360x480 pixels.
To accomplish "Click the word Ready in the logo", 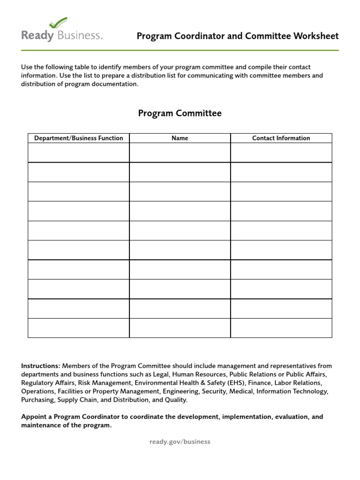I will coord(37,36).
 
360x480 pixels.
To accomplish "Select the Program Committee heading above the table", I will coord(180,113).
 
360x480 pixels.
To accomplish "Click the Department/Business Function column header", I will coord(79,138).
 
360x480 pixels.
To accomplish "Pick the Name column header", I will coord(180,138).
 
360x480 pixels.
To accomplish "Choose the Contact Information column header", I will coord(281,138).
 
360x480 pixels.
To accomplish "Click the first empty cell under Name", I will coord(180,153).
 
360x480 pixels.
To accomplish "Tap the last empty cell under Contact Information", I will coord(281,328).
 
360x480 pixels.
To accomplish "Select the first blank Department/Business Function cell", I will coord(79,153).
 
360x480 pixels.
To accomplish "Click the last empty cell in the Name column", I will coord(180,328).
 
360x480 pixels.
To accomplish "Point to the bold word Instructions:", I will coord(41,366).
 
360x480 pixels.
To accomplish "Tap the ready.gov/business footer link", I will coord(180,442).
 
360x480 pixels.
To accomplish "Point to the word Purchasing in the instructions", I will coord(38,400).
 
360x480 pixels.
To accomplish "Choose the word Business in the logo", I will coord(80,36).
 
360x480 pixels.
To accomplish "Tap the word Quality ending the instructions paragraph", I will coord(175,400).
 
